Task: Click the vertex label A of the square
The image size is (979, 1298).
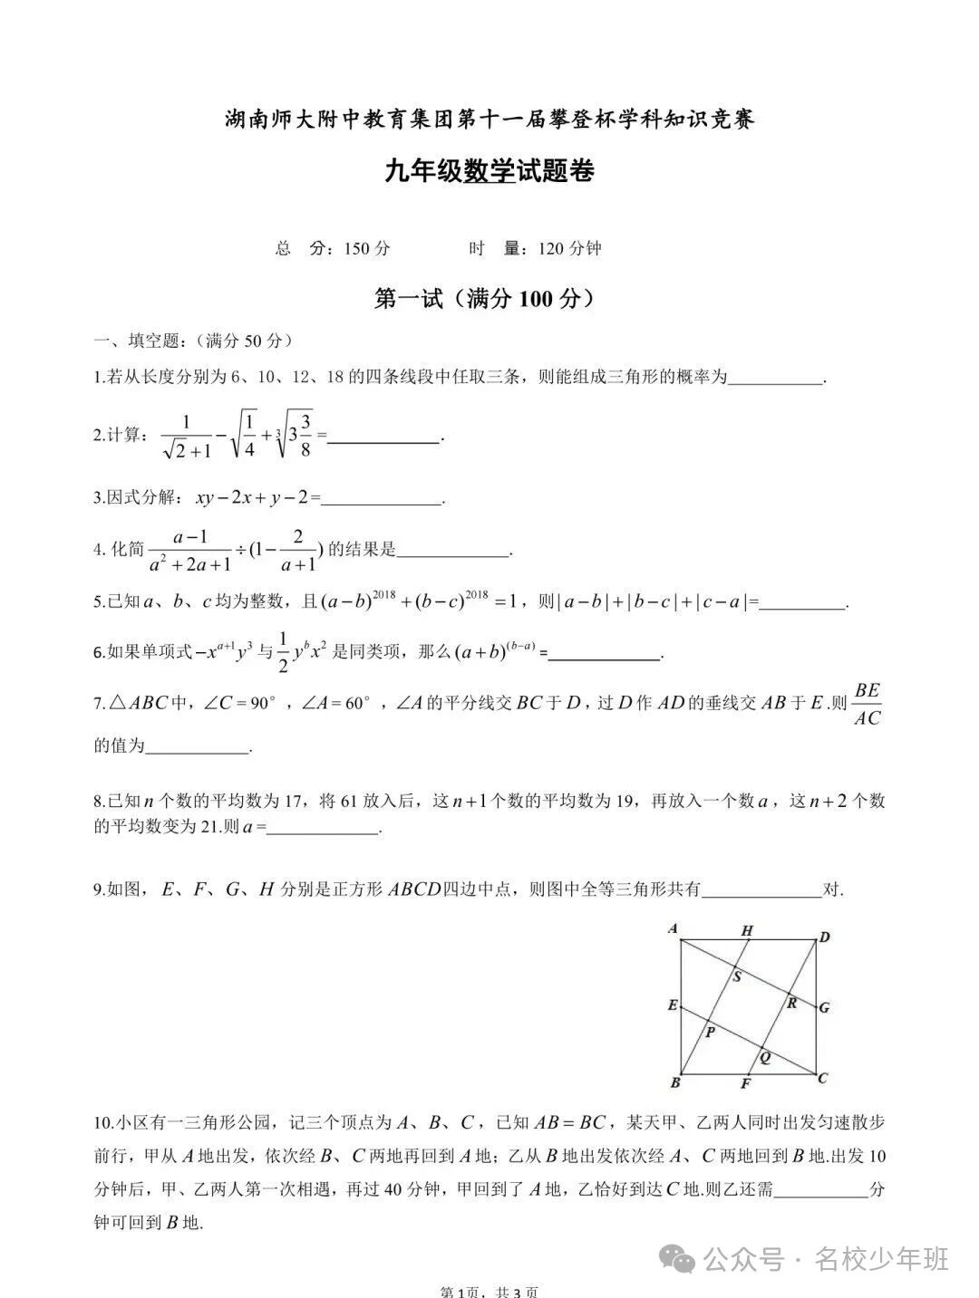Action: point(673,928)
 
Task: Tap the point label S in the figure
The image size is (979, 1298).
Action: point(736,976)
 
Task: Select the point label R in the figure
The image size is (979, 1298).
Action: point(791,1003)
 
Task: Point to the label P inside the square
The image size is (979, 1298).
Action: point(710,1032)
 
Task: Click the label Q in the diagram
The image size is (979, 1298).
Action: point(765,1057)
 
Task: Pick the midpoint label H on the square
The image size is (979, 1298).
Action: point(747,930)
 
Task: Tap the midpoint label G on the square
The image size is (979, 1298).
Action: point(824,1007)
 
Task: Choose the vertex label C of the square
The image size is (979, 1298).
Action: point(823,1078)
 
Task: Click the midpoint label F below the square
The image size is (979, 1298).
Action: point(746,1084)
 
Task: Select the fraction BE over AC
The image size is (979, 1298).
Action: point(867,704)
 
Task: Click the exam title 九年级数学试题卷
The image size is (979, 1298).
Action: point(489,171)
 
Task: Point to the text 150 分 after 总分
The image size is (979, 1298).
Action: point(367,248)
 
